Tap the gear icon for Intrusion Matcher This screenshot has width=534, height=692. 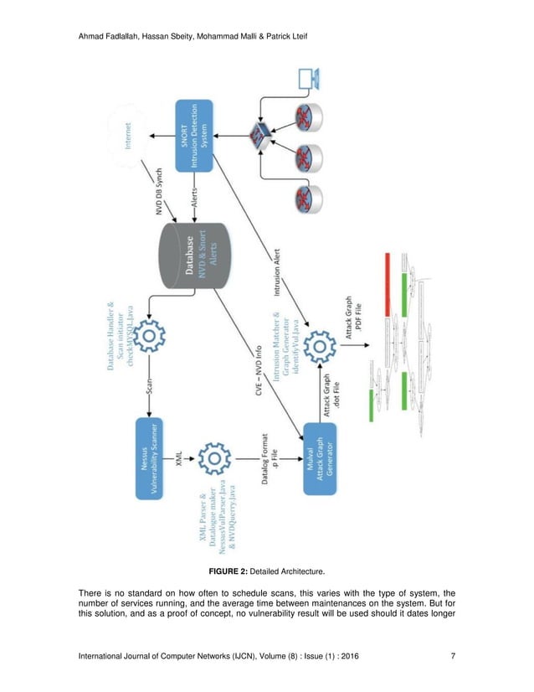coord(321,346)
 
